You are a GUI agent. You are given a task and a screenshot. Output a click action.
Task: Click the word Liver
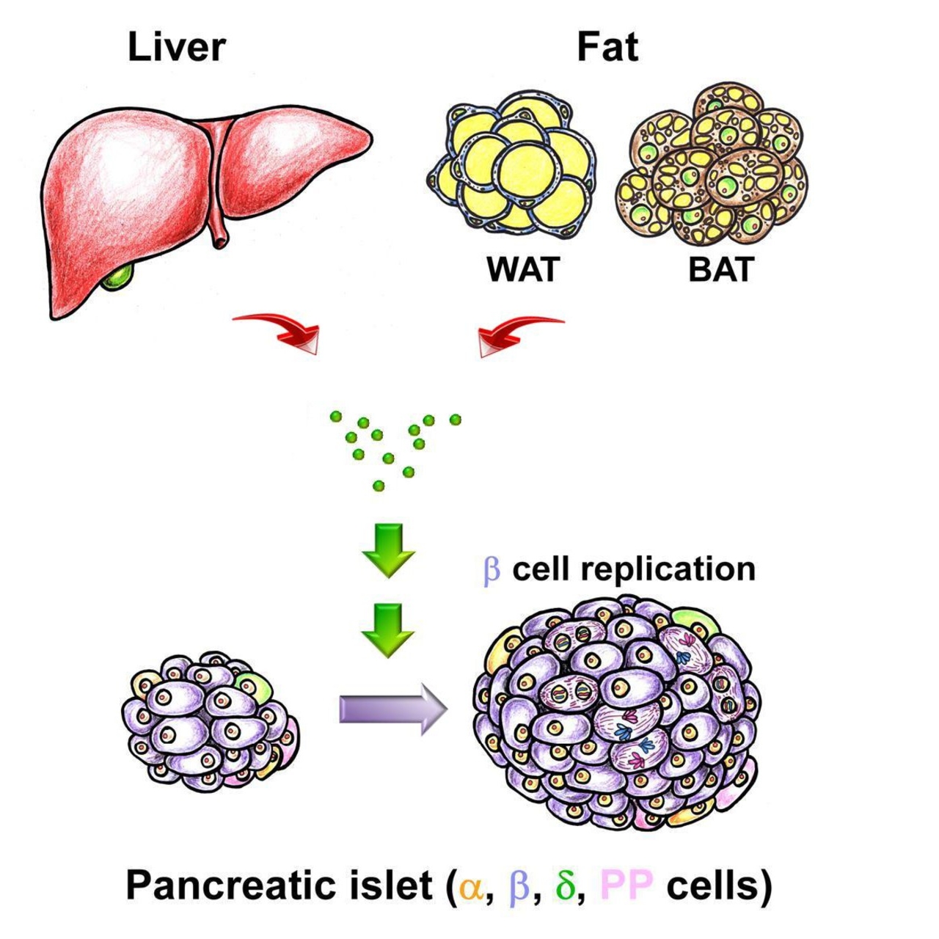pos(176,48)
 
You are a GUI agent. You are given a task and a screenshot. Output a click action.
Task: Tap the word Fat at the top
pos(607,48)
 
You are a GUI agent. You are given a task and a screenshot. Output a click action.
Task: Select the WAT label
pos(523,270)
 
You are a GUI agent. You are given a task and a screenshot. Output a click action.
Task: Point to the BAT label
pos(721,270)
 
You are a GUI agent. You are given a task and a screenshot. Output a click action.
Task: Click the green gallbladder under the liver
pos(119,277)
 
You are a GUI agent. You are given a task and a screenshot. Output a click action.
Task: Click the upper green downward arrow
pos(389,550)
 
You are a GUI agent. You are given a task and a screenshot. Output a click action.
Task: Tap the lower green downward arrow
pos(389,629)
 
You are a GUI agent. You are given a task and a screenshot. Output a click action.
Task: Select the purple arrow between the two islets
pos(392,710)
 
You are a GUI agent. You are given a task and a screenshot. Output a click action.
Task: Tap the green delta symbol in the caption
pos(565,886)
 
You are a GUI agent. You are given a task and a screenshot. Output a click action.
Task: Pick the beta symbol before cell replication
pos(492,571)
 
